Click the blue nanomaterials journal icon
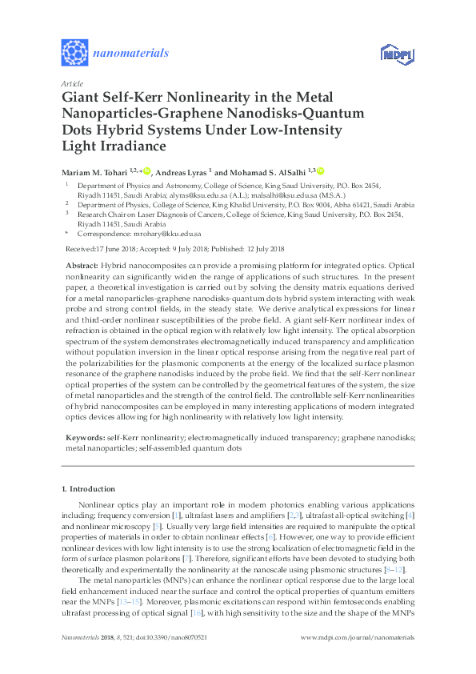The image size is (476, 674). (x=74, y=53)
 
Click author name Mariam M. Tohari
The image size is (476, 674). (x=98, y=171)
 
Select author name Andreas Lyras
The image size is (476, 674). (x=180, y=171)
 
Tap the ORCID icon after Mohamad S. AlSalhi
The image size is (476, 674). (x=320, y=171)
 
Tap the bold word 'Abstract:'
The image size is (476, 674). (x=82, y=265)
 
